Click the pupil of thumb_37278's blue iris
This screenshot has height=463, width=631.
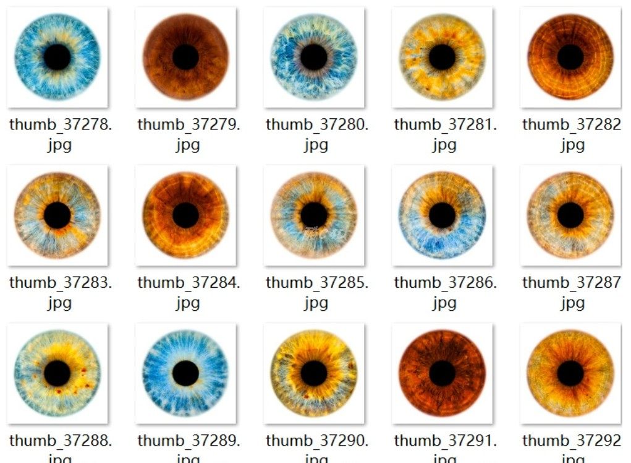click(57, 58)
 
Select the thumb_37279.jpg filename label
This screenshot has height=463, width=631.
click(188, 134)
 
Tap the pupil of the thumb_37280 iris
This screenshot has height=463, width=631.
click(314, 57)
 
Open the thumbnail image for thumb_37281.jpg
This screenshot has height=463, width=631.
click(442, 57)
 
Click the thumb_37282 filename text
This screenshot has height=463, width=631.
click(572, 134)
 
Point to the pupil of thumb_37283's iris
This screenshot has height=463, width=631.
click(57, 215)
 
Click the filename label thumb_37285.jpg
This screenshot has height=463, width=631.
click(316, 292)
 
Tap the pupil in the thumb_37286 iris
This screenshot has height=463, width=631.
click(442, 215)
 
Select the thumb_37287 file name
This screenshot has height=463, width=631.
click(572, 292)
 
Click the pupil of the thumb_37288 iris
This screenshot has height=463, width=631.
click(57, 373)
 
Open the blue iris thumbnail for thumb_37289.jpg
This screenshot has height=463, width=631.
click(185, 373)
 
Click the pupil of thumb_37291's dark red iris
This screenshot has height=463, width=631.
click(442, 373)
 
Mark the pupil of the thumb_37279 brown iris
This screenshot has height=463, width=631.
click(185, 57)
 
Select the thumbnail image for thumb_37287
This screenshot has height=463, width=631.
click(570, 215)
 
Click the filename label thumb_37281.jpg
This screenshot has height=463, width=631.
click(444, 134)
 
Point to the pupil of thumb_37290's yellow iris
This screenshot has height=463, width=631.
click(314, 373)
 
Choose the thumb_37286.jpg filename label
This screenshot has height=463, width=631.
click(444, 292)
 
